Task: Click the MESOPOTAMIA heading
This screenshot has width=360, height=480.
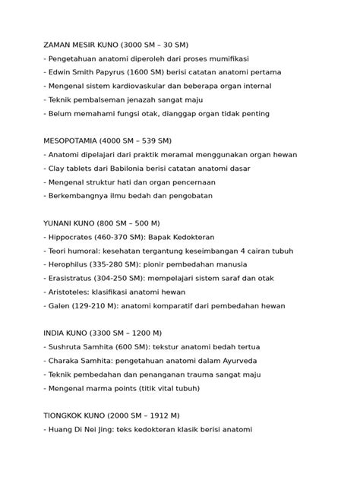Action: click(x=74, y=141)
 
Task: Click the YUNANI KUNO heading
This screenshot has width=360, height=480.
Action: click(x=75, y=223)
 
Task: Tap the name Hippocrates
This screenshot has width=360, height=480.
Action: click(x=74, y=237)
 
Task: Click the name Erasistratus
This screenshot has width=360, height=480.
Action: click(x=74, y=278)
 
